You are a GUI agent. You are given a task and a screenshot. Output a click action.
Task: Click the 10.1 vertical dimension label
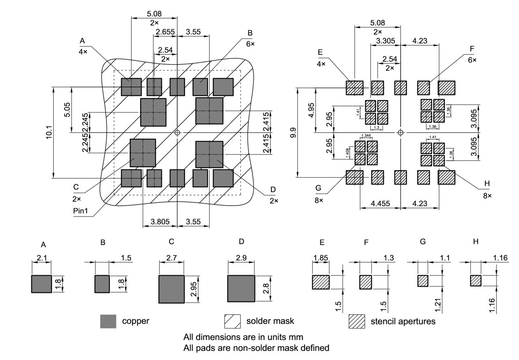coord(49,133)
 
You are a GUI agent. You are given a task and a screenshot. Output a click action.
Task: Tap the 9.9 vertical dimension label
coord(293,133)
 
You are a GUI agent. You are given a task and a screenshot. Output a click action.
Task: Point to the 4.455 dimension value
coord(380,204)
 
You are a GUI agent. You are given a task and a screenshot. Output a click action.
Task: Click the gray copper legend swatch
coord(108,321)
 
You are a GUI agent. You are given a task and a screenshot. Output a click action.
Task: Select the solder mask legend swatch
coord(232,321)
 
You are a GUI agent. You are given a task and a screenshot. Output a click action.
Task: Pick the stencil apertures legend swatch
coord(357,321)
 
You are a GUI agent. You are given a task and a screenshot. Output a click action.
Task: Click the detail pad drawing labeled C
coord(172,289)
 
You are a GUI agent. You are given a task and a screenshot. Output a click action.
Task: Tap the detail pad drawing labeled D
coord(241,289)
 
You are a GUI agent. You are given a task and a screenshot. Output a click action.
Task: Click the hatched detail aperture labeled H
coord(476,281)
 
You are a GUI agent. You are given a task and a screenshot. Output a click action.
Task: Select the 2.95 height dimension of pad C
coord(193,289)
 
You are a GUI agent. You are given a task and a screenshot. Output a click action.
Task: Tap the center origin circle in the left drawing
coord(177,133)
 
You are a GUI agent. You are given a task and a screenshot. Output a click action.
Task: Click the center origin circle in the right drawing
coord(401,133)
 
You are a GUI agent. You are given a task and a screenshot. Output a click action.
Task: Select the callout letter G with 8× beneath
coord(318,188)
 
